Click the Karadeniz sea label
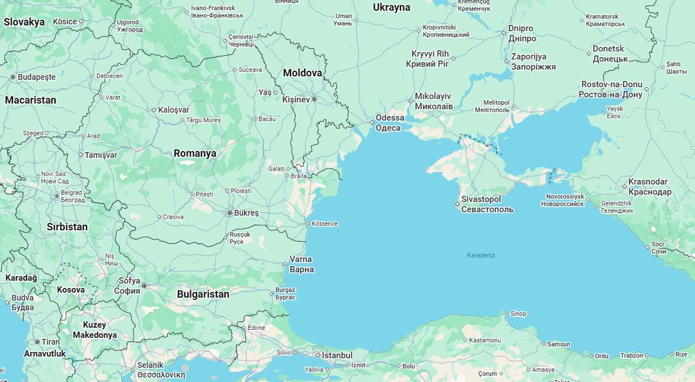pos(481,255)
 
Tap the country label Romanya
pos(195,153)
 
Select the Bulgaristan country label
pos(203,294)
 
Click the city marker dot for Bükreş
pos(229,213)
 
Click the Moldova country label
pos(302,73)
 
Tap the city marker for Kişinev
pos(314,100)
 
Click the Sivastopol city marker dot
pos(458,204)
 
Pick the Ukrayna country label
pos(391,7)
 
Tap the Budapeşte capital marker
pos(13,77)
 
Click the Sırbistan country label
pos(67,227)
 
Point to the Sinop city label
pos(518,314)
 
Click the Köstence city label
pos(325,224)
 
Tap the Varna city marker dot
pos(285,264)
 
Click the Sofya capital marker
pos(144,286)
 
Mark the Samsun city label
pos(558,344)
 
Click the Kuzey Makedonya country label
pos(95,330)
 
